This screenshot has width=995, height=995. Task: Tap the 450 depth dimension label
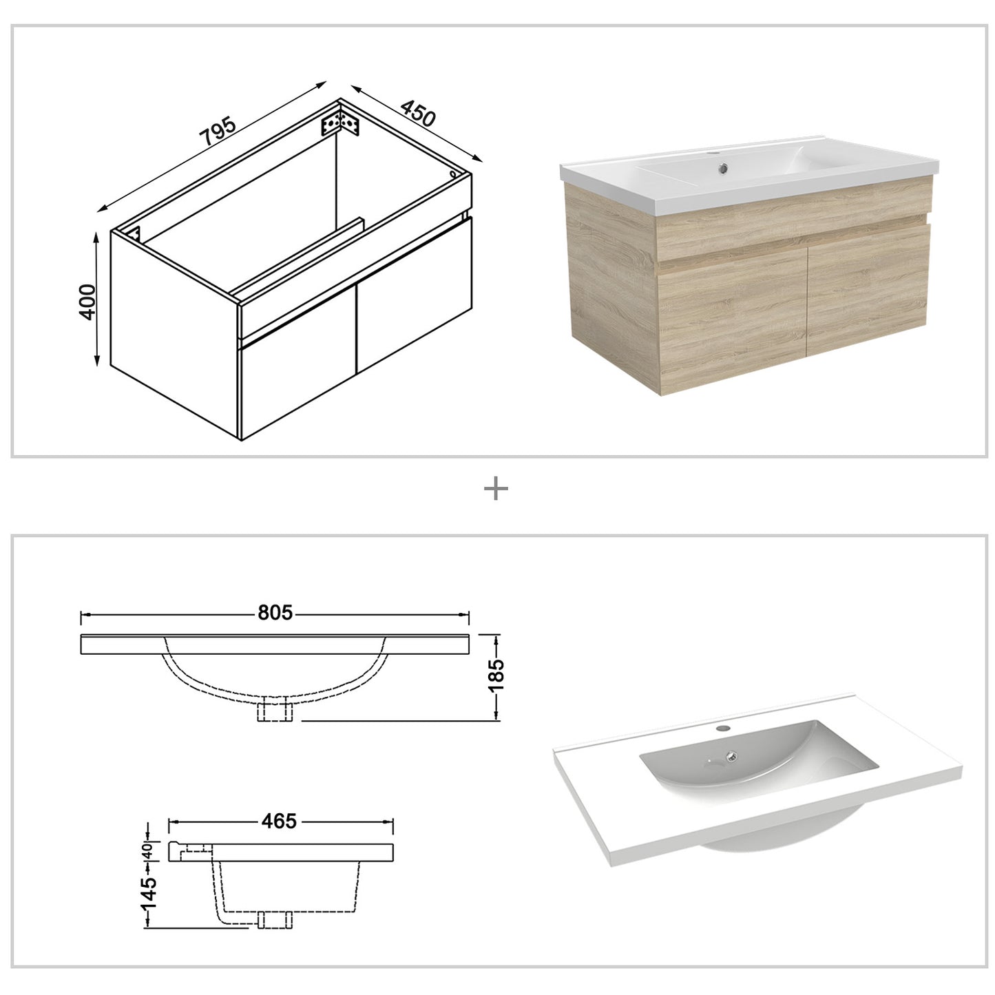coord(418,114)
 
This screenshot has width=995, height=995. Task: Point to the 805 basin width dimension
coord(275,612)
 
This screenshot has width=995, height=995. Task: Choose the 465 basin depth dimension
coord(279,821)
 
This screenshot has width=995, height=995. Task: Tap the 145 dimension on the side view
coord(149,893)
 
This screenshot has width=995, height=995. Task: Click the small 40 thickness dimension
coord(147,852)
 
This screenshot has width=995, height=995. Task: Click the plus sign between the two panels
coord(496,490)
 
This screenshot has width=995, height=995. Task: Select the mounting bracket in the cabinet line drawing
coord(341,123)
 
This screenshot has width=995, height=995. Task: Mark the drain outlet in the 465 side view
coord(275,920)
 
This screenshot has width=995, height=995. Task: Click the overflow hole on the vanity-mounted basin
coord(722,166)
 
